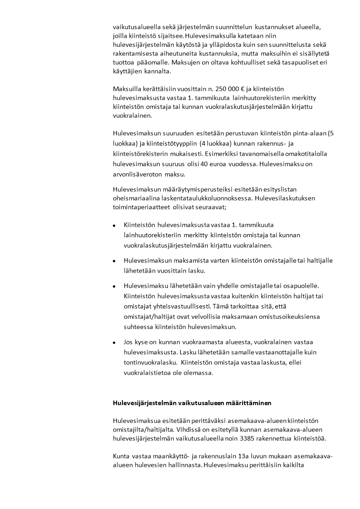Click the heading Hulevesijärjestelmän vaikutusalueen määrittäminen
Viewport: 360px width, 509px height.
pos(192,402)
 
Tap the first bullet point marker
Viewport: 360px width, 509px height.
pos(114,225)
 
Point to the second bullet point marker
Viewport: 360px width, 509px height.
pos(114,261)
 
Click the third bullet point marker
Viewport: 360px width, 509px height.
pos(114,286)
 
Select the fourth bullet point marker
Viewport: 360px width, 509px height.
pos(114,342)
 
